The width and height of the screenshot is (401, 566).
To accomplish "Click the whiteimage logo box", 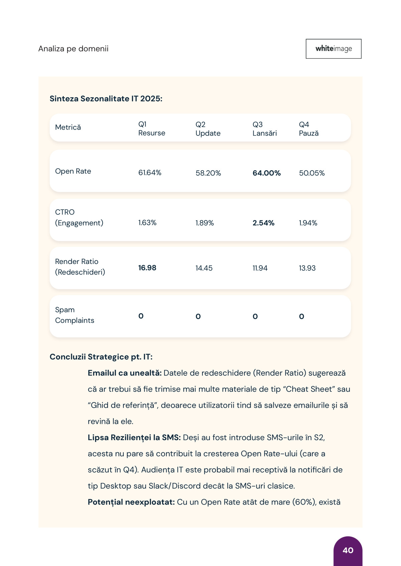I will [333, 49].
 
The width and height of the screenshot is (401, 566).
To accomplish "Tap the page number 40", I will [348, 550].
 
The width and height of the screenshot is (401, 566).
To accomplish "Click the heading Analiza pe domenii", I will [73, 49].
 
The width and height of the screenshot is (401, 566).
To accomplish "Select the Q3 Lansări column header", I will [265, 129].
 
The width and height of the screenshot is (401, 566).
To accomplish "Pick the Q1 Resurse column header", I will [152, 129].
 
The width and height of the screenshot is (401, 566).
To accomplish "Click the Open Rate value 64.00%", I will [266, 173].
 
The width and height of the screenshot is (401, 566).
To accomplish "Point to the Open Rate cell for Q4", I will [312, 173].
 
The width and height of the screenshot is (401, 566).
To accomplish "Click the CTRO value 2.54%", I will [263, 223].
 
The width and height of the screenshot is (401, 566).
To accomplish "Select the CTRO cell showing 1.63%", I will [147, 223].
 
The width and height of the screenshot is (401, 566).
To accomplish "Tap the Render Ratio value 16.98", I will [147, 268].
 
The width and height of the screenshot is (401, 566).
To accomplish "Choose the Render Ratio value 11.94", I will [260, 268].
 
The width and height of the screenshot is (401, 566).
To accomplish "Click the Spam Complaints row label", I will [75, 315].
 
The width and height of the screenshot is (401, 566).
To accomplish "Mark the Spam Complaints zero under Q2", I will [198, 316].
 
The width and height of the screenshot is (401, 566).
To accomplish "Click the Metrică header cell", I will [68, 127].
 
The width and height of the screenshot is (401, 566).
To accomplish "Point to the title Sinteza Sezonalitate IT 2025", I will [106, 99].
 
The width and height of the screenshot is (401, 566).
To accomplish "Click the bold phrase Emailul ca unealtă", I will [125, 373].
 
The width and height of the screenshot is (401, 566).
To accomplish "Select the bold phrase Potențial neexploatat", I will [131, 502].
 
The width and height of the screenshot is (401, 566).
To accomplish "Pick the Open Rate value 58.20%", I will [208, 173].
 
